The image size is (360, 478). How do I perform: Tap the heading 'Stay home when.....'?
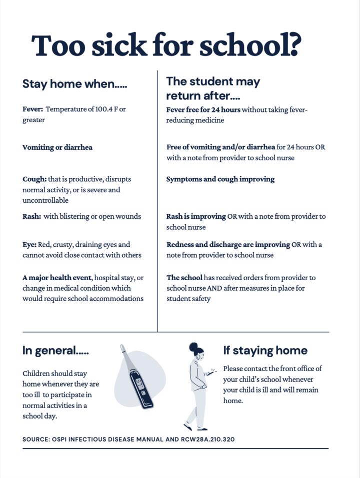tap(74, 84)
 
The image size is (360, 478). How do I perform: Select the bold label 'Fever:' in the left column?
tap(32, 109)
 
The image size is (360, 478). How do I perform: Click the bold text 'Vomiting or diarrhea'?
tap(57, 147)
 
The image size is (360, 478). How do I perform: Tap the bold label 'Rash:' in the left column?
tap(31, 216)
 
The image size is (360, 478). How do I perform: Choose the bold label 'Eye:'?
tap(29, 245)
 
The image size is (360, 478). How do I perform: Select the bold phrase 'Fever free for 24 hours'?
tap(203, 109)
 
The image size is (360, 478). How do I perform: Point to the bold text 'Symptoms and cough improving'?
tap(220, 179)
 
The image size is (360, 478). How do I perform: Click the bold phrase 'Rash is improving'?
tap(196, 216)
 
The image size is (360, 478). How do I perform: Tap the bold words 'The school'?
tap(184, 278)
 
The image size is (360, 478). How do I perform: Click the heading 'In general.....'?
tap(55, 351)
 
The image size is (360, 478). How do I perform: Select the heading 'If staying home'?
tap(265, 350)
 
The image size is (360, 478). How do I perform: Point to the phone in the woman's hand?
tap(211, 372)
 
